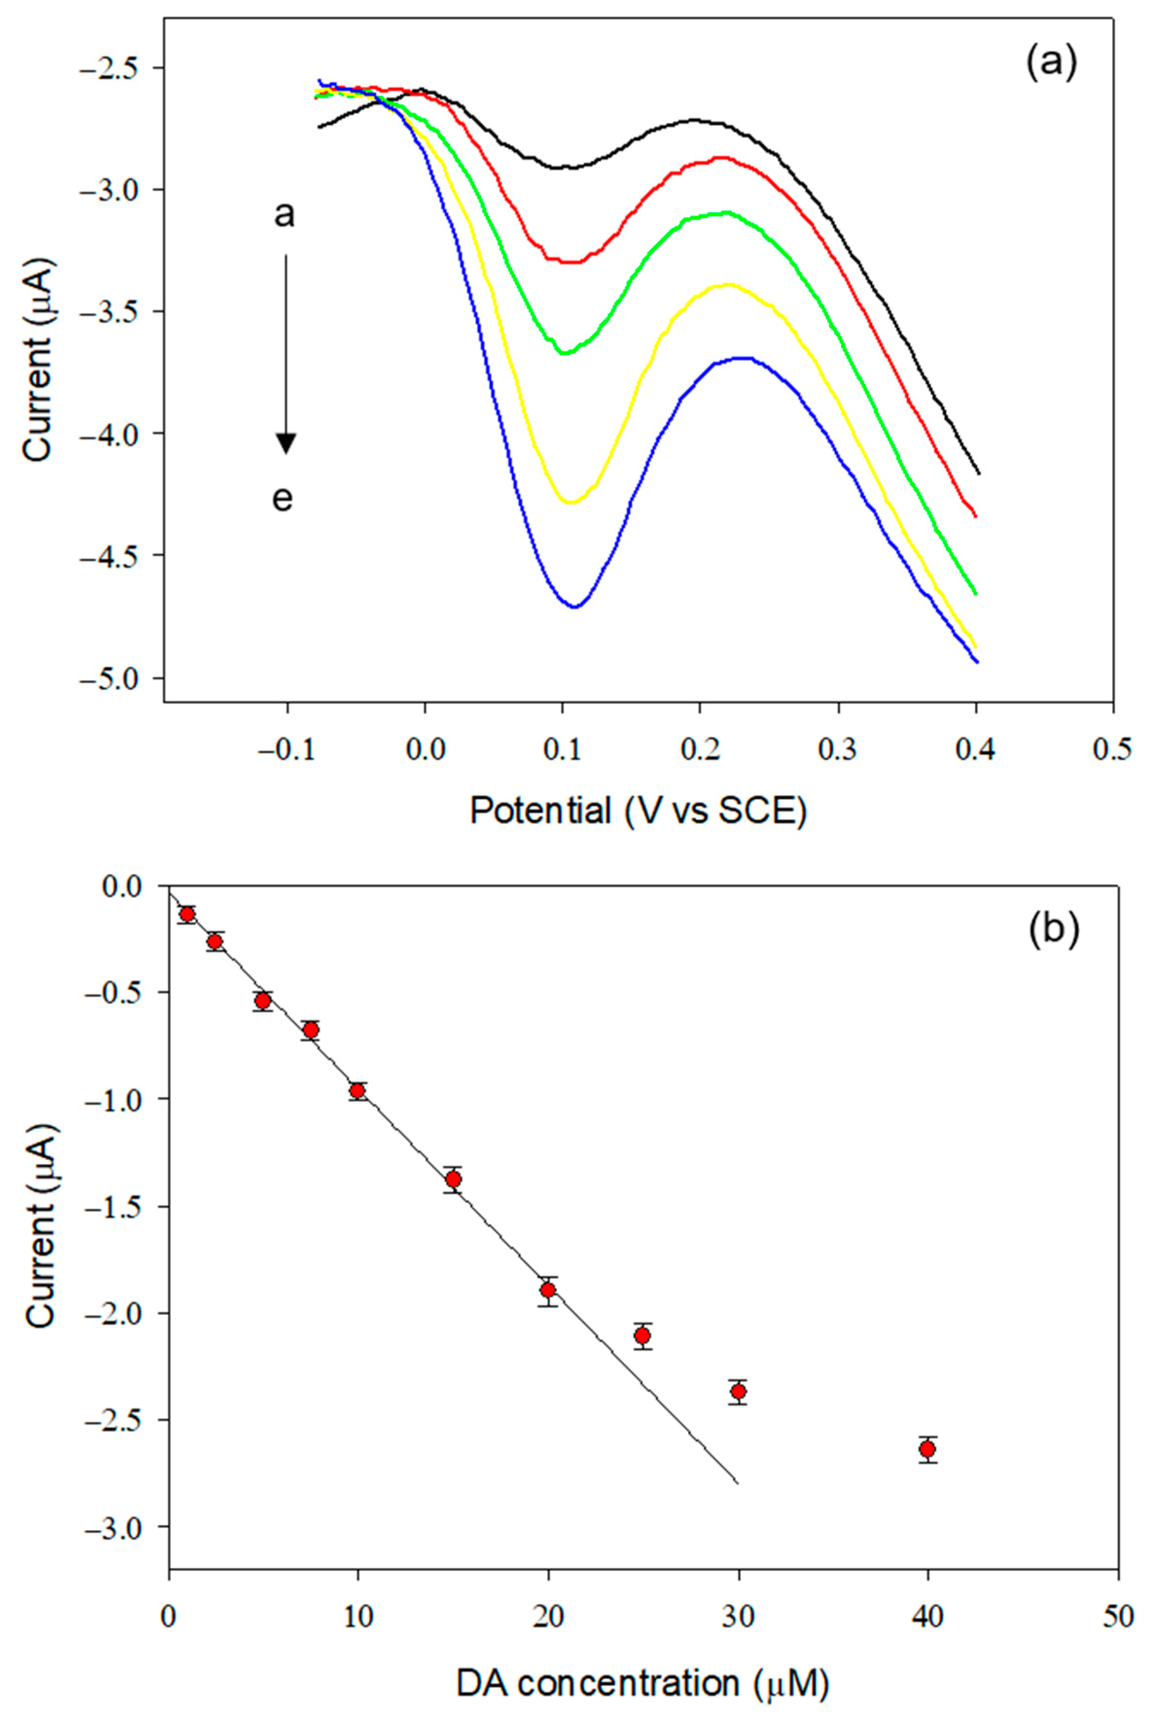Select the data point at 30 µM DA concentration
(738, 1392)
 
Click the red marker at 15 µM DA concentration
(453, 1179)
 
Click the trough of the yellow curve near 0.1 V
(571, 502)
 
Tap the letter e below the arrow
(283, 499)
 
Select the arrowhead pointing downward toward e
(286, 443)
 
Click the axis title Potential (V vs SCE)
(638, 811)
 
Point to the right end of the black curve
(978, 473)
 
